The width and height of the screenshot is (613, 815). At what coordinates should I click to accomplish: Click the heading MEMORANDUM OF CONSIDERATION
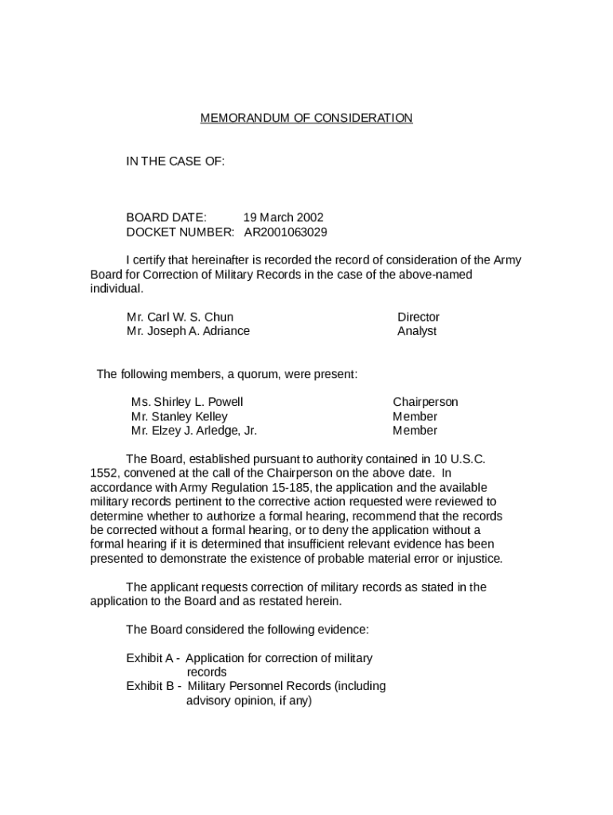306,119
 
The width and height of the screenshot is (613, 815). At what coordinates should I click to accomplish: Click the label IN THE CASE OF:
175,162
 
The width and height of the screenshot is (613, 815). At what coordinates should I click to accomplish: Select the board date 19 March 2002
283,217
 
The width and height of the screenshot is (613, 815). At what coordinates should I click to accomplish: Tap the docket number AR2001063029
285,232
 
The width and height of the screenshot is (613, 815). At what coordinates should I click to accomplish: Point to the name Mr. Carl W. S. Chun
180,317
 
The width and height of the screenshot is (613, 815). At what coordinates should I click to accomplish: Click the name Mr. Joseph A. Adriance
188,331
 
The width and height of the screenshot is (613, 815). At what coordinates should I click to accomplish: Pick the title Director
418,317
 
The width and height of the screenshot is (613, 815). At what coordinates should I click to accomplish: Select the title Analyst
417,331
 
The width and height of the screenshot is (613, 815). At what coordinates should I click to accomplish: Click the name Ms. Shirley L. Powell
187,402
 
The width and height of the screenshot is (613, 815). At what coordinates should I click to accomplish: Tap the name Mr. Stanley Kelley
179,416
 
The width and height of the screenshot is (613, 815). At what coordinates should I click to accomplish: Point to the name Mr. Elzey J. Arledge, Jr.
194,431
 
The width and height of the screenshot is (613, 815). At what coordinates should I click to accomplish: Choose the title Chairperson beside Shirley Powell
425,402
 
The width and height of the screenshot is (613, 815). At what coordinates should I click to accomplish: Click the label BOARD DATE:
166,217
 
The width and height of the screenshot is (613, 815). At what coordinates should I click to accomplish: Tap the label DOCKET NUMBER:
181,232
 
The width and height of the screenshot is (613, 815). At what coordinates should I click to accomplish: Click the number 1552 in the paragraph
103,473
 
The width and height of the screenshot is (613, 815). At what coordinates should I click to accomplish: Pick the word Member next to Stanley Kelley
415,416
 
